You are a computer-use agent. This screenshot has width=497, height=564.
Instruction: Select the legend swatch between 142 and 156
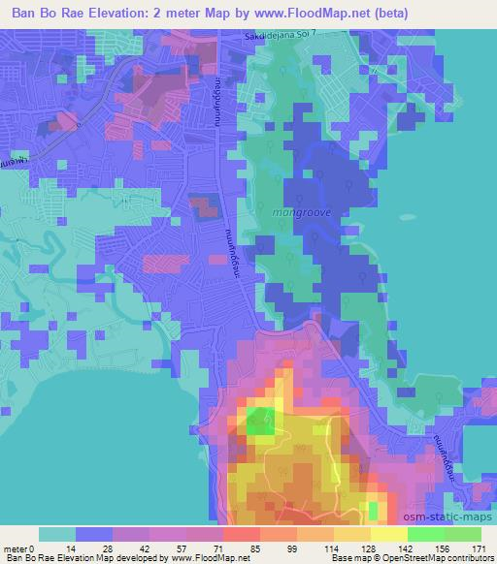pyautogui.click(x=424, y=533)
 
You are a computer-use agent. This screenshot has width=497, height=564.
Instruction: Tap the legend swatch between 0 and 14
pyautogui.click(x=55, y=533)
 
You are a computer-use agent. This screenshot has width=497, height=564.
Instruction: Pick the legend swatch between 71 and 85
pyautogui.click(x=240, y=533)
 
